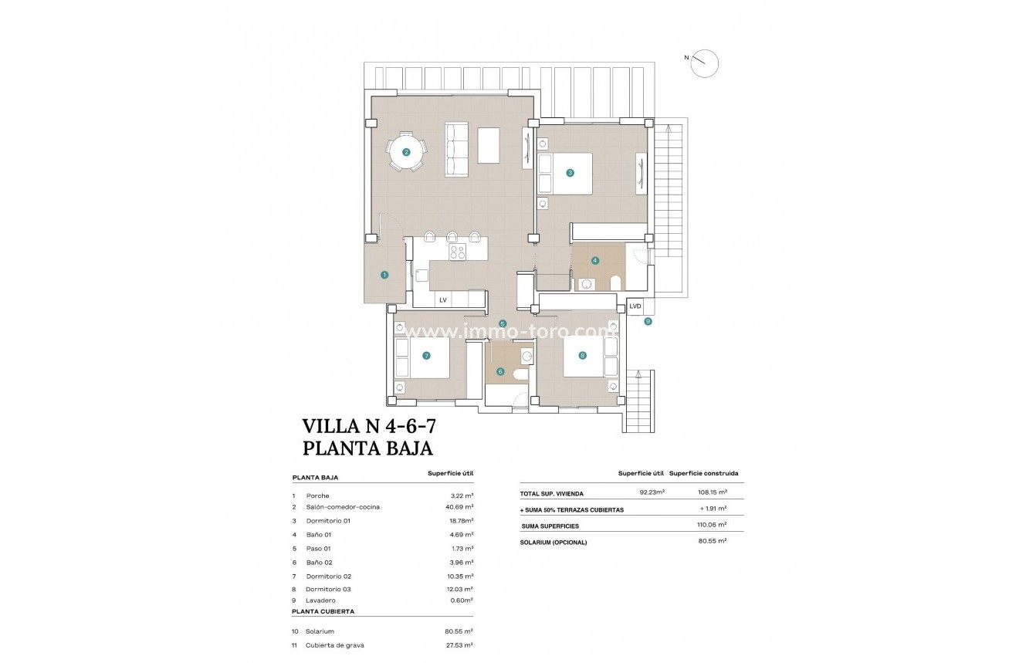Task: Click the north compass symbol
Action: pos(704,63)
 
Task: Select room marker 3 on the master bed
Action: pos(570,173)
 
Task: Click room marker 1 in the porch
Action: pos(384,275)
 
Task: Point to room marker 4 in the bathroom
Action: pos(594,260)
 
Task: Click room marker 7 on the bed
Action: pos(425,356)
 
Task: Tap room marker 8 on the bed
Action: pos(582,356)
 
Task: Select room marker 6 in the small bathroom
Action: pos(500,371)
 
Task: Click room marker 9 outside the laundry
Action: pos(648,321)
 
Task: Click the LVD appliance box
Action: pos(635,306)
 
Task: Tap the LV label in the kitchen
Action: pos(443,299)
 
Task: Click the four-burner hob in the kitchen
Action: pos(458,251)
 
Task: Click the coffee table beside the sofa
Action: pos(488,145)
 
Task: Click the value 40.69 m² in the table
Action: pos(462,507)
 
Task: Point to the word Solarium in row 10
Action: pos(320,631)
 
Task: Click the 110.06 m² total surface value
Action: pos(711,526)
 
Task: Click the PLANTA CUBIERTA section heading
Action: pos(323,611)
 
